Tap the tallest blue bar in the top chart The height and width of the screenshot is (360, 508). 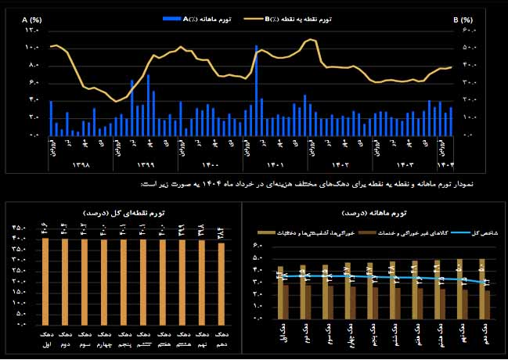coord(256,90)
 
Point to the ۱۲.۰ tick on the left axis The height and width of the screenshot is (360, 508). coord(32,31)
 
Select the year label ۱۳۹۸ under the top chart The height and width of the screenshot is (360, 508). coord(81,165)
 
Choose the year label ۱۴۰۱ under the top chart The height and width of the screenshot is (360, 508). coord(275,165)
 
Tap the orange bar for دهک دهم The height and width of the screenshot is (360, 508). coord(221,283)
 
